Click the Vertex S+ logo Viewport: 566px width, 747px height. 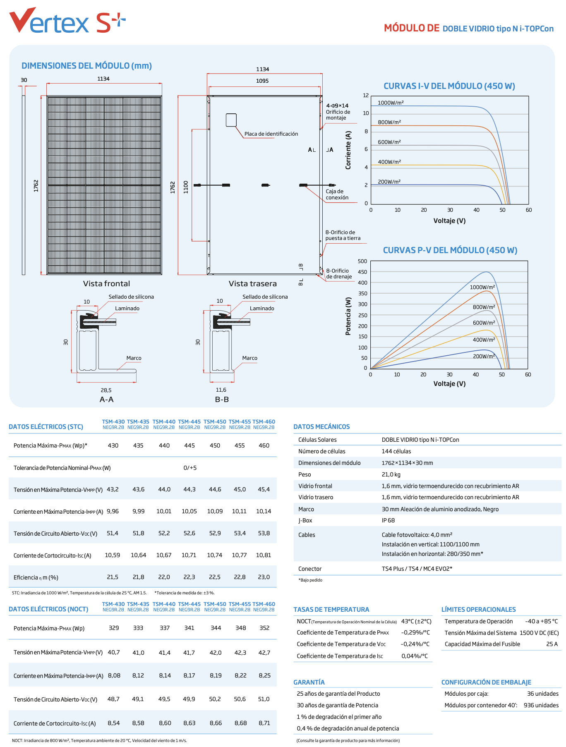pos(67,20)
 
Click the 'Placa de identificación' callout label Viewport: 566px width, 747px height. pos(271,134)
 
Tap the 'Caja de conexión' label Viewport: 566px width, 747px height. pos(337,194)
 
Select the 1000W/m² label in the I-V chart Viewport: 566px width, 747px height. pos(391,103)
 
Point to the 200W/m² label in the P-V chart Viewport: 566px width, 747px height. pos(484,356)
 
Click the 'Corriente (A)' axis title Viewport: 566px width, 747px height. pos(348,150)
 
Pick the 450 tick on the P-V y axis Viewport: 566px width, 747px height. pos(362,272)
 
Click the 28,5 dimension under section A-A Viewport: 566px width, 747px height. pos(106,390)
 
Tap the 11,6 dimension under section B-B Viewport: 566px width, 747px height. pos(221,390)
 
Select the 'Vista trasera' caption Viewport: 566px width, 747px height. pos(252,284)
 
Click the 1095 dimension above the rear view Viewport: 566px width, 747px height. pos(262,81)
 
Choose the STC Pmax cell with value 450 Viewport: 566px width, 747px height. pos(215,445)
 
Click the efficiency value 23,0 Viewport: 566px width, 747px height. pos(264,577)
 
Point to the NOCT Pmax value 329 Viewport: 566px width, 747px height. pos(114,628)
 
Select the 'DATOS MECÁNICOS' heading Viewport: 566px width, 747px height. pos(321,426)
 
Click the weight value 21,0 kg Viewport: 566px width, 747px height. pos(391,474)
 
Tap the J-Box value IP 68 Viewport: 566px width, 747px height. pos(388,520)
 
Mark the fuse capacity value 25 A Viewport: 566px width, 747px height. pos(552,644)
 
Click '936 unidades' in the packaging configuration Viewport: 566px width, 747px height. pos(541,705)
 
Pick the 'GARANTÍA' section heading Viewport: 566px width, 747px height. pos(309,682)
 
